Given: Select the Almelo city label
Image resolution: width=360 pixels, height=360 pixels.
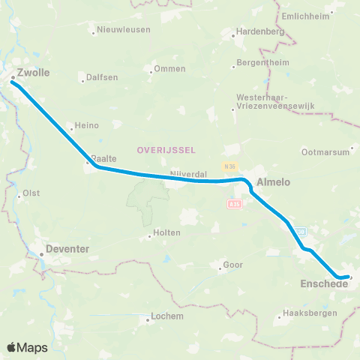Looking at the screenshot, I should pyautogui.click(x=273, y=181).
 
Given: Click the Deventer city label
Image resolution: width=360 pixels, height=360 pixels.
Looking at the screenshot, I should pyautogui.click(x=68, y=247).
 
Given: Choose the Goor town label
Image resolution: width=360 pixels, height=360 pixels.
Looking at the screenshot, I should pyautogui.click(x=232, y=265).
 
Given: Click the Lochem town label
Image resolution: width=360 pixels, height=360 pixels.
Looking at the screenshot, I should pyautogui.click(x=167, y=316).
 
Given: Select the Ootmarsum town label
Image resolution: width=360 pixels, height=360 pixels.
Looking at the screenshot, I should pyautogui.click(x=325, y=151).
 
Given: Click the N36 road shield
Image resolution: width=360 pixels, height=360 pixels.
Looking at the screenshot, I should pyautogui.click(x=228, y=165).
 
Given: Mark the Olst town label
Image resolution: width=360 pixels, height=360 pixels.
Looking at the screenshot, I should pyautogui.click(x=31, y=193).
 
